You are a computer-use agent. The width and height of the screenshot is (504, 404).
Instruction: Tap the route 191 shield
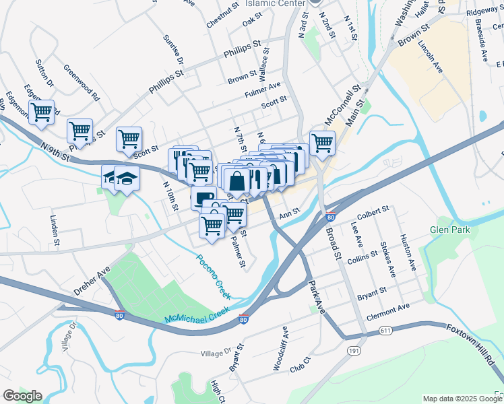coord(354,351)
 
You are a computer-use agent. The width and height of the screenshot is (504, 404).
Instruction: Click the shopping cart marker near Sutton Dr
coord(41,112)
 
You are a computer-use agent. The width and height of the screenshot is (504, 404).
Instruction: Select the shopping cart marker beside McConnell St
coord(322,142)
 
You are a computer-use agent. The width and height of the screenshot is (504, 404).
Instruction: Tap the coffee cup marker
coord(204,197)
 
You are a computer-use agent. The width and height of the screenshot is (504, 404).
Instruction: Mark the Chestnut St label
coord(223,14)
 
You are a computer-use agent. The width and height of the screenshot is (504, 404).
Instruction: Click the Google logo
coord(22,396)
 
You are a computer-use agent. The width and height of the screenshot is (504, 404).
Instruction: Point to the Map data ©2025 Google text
coord(462,399)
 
